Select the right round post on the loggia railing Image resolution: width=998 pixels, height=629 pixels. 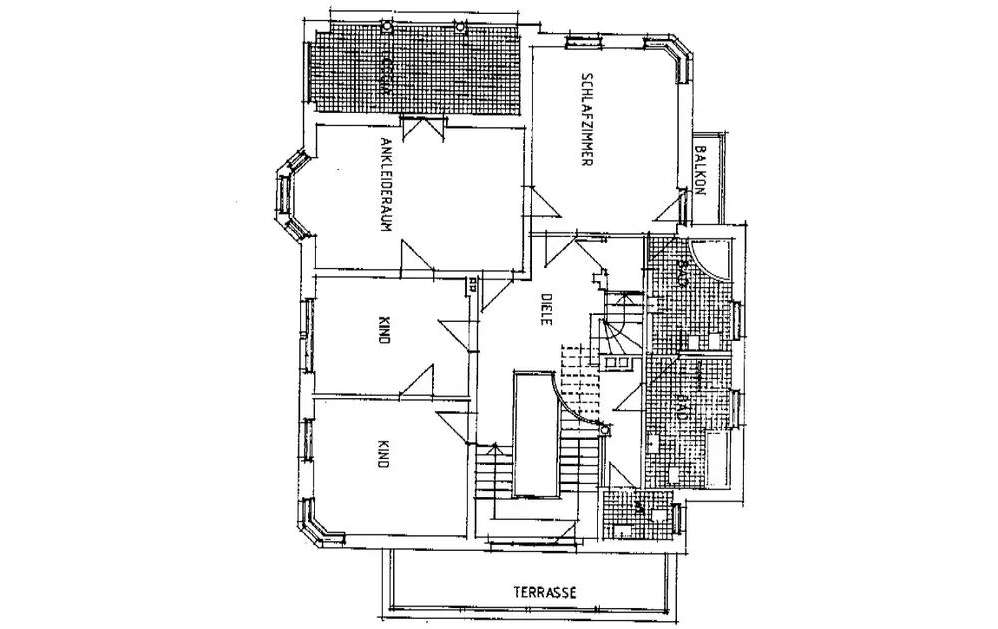[x=459, y=27]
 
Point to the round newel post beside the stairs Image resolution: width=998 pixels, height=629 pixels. [x=603, y=431]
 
